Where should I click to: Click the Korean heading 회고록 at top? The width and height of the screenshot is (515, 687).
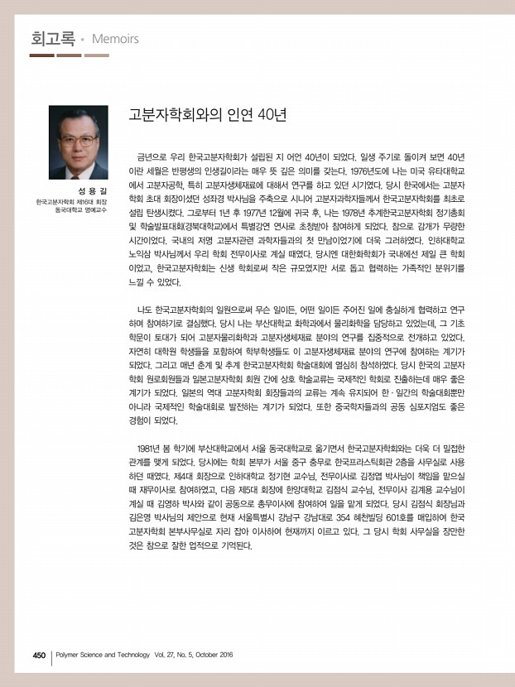pyautogui.click(x=51, y=38)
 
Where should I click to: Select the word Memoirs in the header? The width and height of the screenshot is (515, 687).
pyautogui.click(x=115, y=39)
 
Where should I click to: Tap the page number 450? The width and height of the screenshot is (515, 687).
pyautogui.click(x=38, y=654)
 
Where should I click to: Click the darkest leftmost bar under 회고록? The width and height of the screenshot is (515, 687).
pyautogui.click(x=41, y=55)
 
